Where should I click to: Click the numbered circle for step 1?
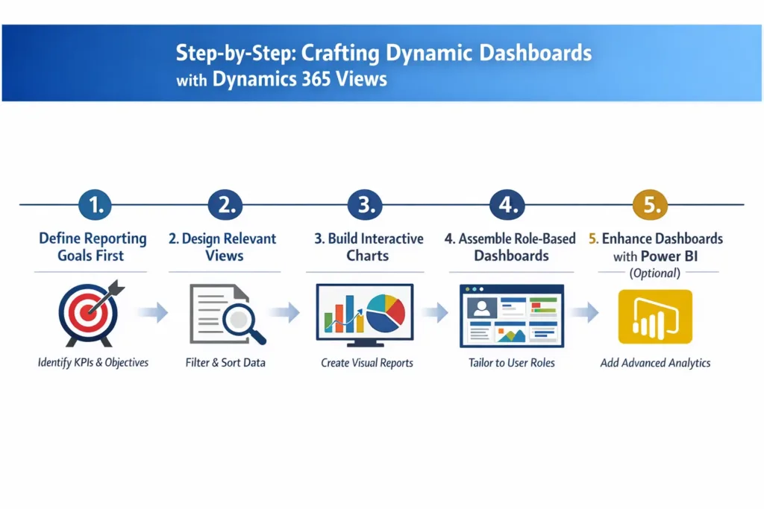click(x=95, y=205)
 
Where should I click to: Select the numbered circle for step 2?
click(x=225, y=205)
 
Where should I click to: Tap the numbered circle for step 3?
click(x=366, y=205)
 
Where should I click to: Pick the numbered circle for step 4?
click(x=507, y=205)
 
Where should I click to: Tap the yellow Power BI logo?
click(x=655, y=316)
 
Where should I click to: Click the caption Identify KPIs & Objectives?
click(x=93, y=363)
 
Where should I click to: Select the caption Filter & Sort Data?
click(x=225, y=363)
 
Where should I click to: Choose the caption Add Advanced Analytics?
click(x=655, y=363)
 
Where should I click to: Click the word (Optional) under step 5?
click(x=655, y=273)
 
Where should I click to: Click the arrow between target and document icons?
click(x=152, y=313)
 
